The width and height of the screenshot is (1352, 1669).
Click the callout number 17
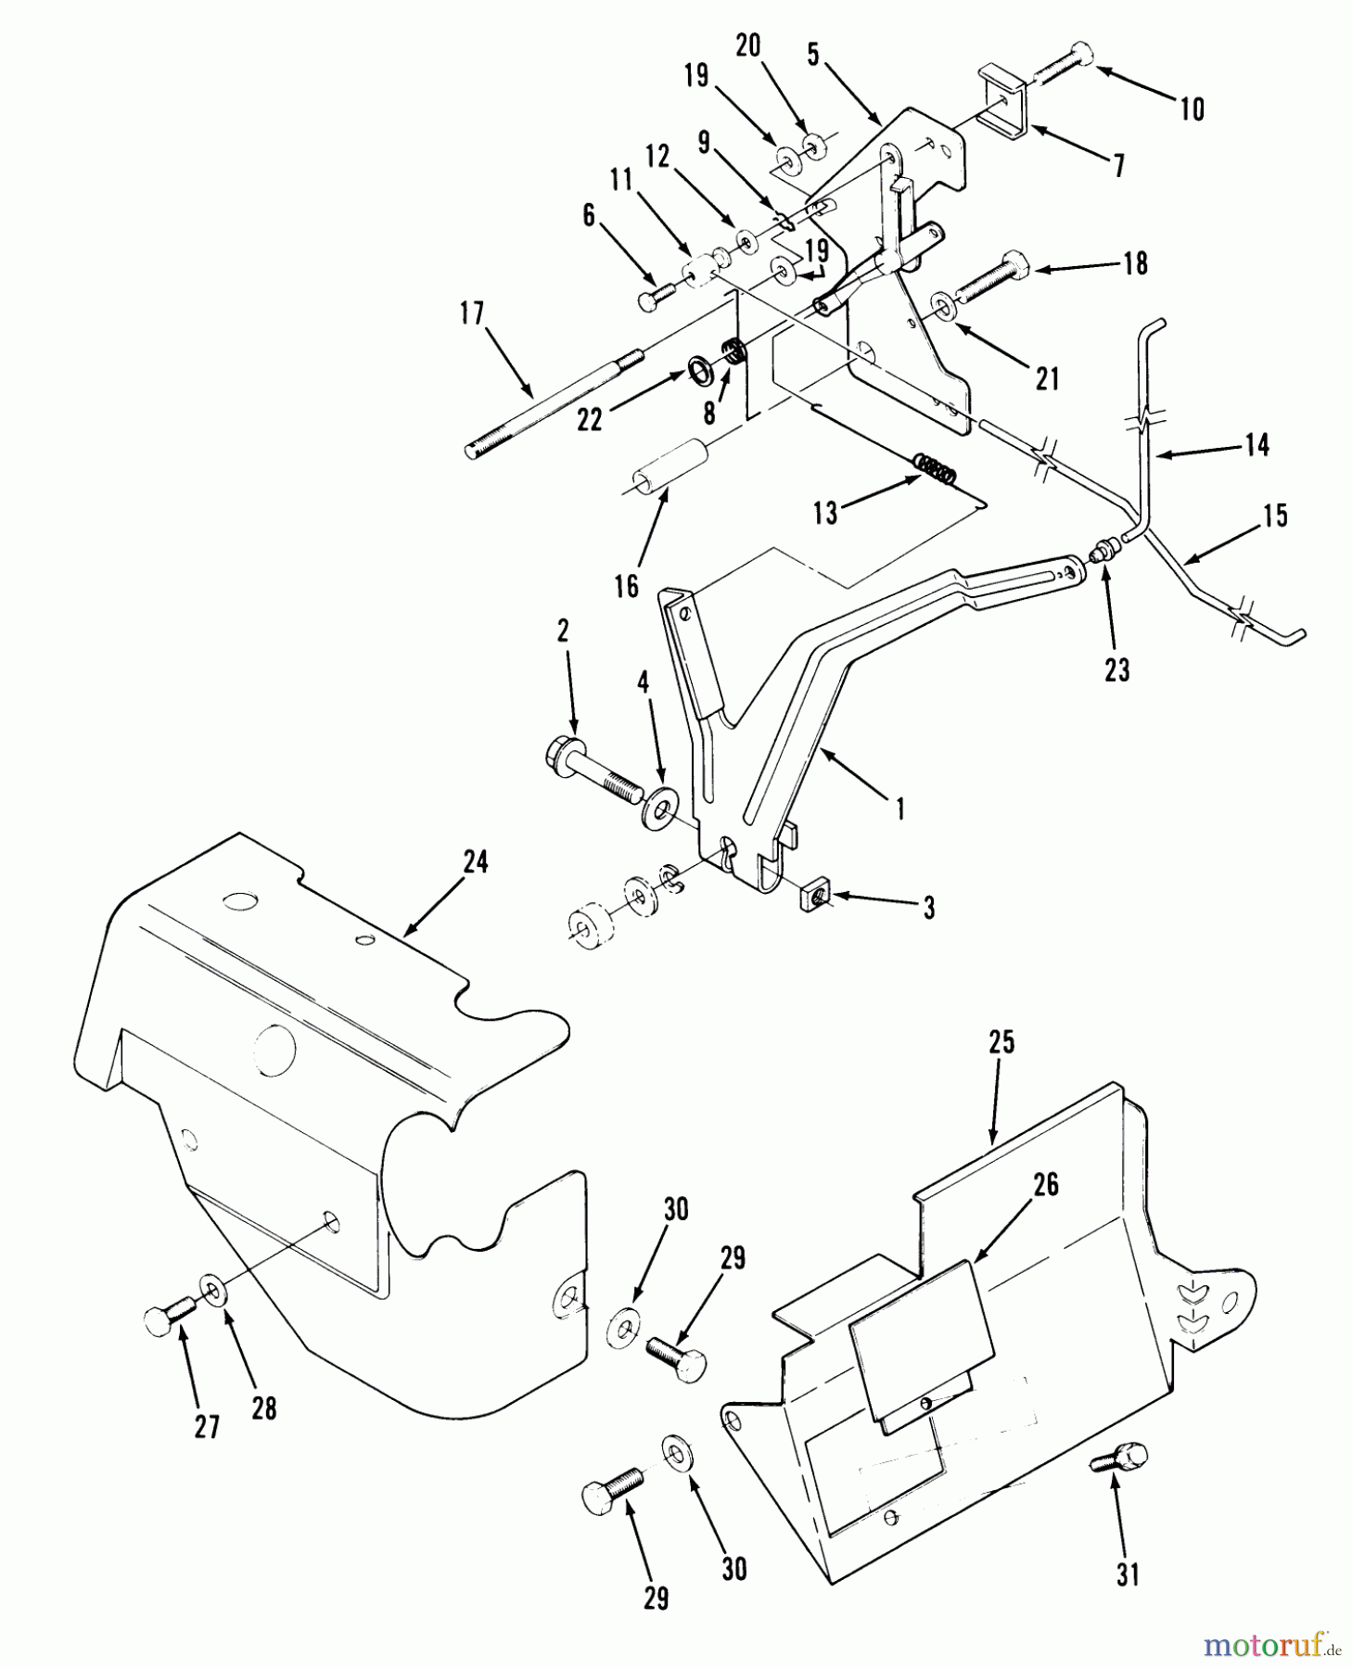(472, 314)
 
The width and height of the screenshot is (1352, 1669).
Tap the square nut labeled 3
(812, 897)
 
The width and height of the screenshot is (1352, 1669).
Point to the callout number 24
(475, 862)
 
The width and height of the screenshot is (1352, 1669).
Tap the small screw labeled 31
(1119, 1457)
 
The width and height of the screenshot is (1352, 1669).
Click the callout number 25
(1001, 1042)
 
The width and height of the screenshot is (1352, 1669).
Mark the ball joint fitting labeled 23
(1102, 554)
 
